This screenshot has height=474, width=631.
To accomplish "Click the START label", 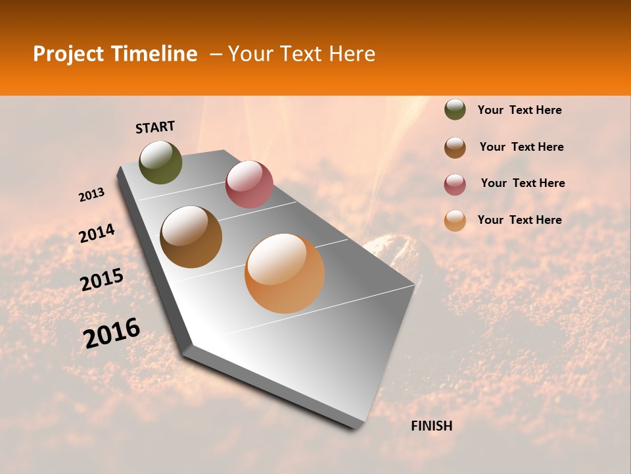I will click(x=155, y=127).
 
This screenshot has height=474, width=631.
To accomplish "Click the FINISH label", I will click(x=431, y=426).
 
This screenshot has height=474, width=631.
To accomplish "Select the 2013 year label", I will click(x=91, y=195).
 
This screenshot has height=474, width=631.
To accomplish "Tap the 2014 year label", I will click(x=97, y=233).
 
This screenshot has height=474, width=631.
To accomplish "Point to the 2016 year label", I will click(x=112, y=333).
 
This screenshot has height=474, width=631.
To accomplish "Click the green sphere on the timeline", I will click(x=161, y=163).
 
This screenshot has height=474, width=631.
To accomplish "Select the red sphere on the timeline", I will click(x=249, y=184).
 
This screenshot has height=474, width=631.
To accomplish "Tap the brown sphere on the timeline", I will click(x=191, y=237).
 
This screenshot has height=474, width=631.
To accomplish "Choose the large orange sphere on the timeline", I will click(x=285, y=273).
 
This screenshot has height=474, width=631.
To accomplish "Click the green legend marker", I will click(x=455, y=109).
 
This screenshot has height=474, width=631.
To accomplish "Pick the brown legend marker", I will click(x=455, y=147).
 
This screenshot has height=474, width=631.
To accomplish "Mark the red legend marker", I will click(x=455, y=184).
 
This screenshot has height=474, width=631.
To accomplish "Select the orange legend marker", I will click(x=455, y=221).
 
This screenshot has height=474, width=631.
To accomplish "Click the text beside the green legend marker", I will click(x=519, y=110).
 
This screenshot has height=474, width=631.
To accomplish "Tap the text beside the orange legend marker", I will click(x=519, y=220).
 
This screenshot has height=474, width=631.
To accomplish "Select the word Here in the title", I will click(x=352, y=54).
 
